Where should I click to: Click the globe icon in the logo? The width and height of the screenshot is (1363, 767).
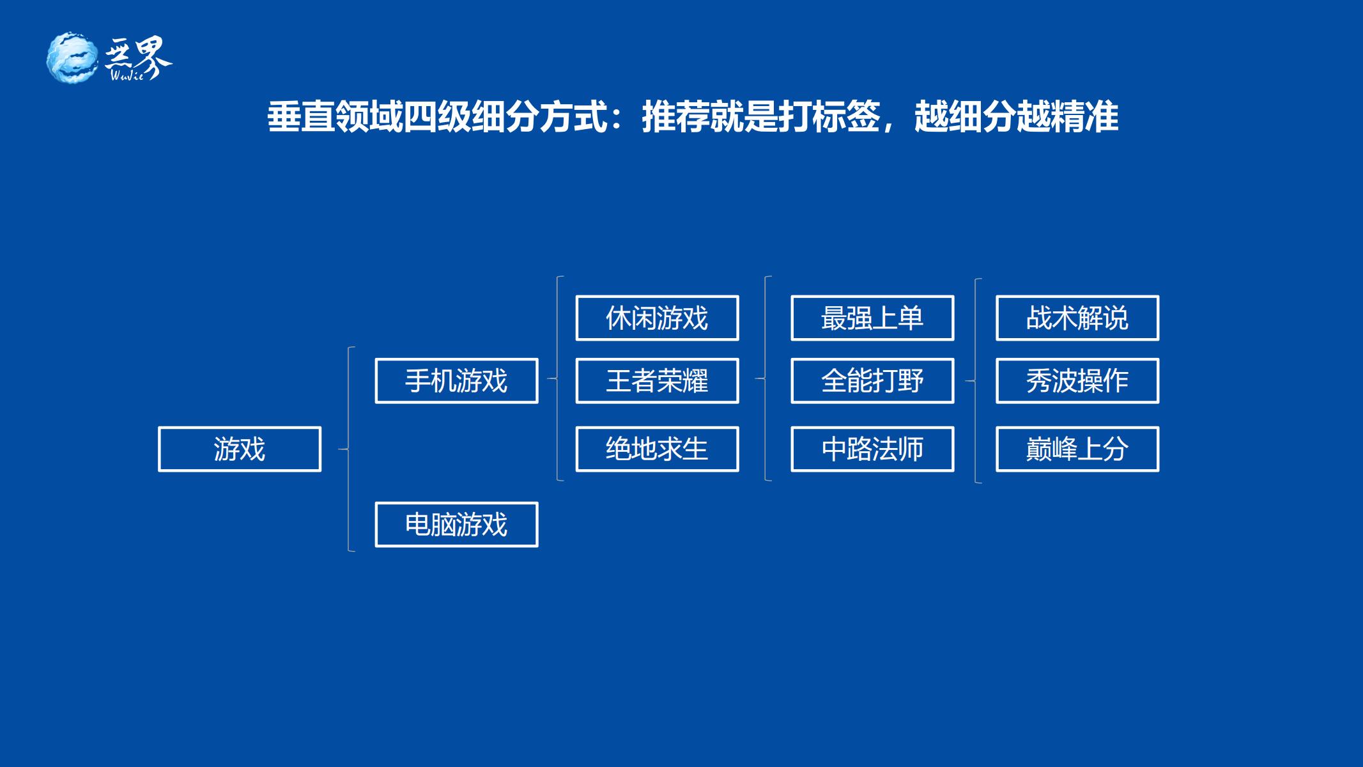pyautogui.click(x=72, y=58)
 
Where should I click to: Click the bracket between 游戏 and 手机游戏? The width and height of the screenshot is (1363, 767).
pyautogui.click(x=349, y=449)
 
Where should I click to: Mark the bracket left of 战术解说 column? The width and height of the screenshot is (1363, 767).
pyautogui.click(x=976, y=381)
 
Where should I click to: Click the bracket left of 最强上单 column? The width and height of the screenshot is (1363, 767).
pyautogui.click(x=766, y=378)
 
